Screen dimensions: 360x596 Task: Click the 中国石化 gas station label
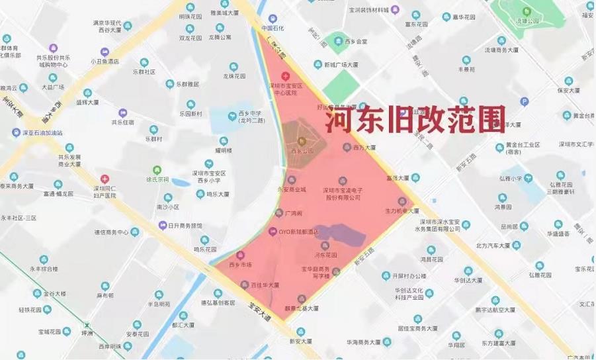pos(272,28)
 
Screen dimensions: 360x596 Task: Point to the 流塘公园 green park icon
pos(527,12)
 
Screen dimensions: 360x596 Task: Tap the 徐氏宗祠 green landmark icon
pos(157,169)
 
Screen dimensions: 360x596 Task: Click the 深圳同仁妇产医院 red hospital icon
pos(105,179)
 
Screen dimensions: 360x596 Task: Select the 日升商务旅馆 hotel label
pos(185,226)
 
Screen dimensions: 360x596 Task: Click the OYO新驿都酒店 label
pos(298,232)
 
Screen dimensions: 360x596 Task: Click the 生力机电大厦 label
pos(402,211)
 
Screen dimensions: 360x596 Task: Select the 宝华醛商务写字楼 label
pos(317,273)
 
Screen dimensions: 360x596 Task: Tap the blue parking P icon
pos(525,101)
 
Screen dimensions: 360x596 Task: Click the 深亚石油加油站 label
pos(42,132)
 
